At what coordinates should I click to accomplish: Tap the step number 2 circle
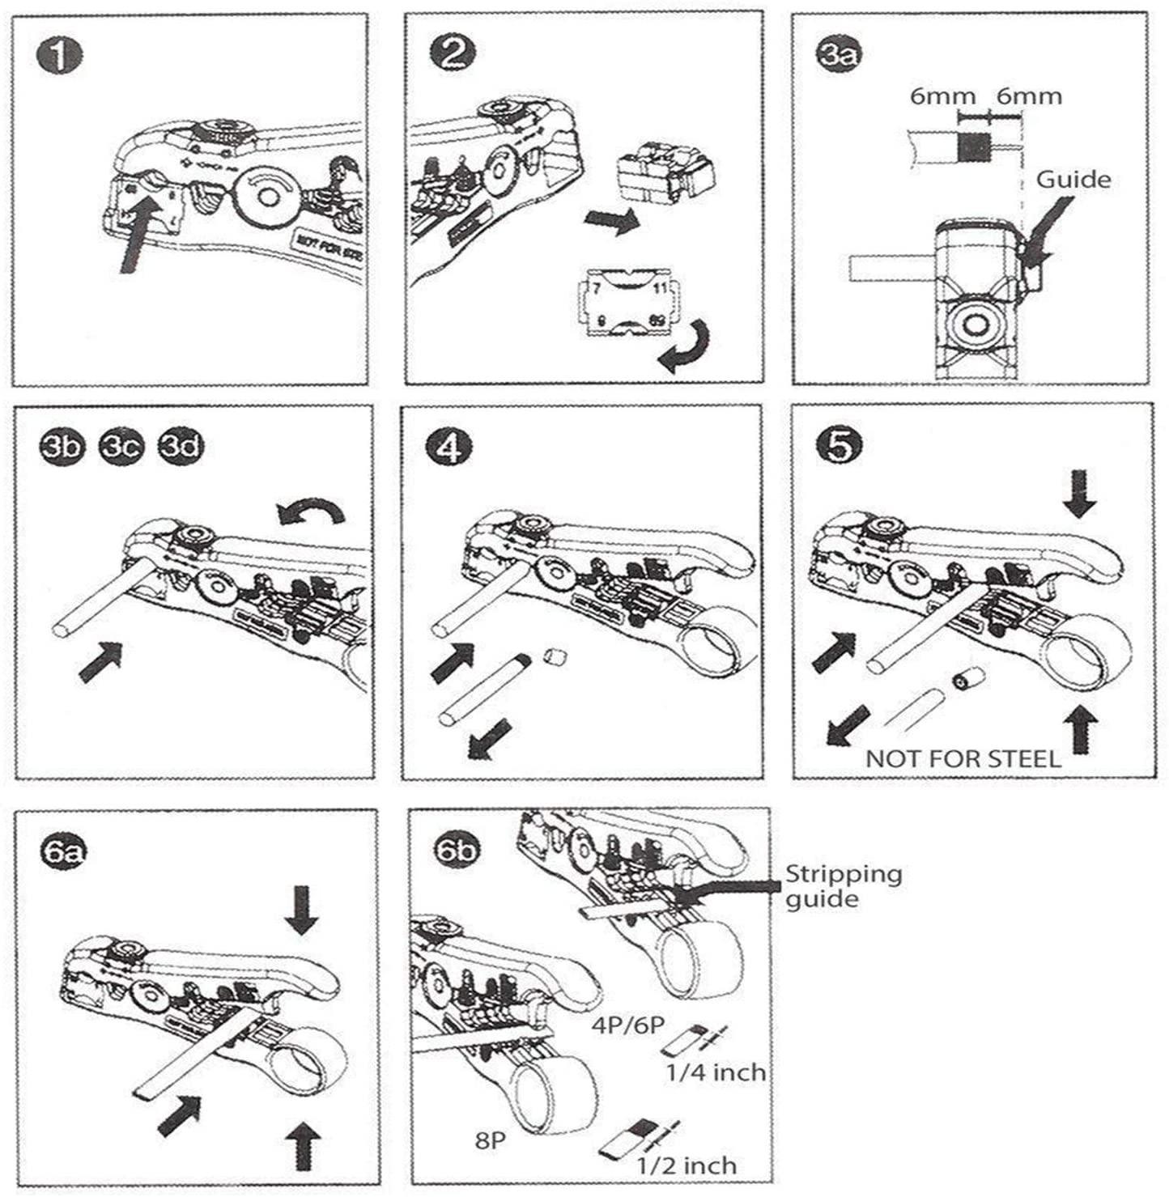tap(453, 54)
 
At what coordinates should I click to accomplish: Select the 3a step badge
tap(839, 54)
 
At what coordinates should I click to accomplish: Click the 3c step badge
tap(121, 447)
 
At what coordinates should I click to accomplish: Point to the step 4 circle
tap(448, 448)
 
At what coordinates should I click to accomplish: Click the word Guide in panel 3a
tap(1073, 179)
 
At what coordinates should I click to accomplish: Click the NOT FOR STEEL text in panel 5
tap(963, 758)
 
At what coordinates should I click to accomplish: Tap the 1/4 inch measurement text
tap(716, 1073)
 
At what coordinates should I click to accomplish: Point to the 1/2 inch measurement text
tap(687, 1166)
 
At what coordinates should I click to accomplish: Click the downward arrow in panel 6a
tap(301, 908)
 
